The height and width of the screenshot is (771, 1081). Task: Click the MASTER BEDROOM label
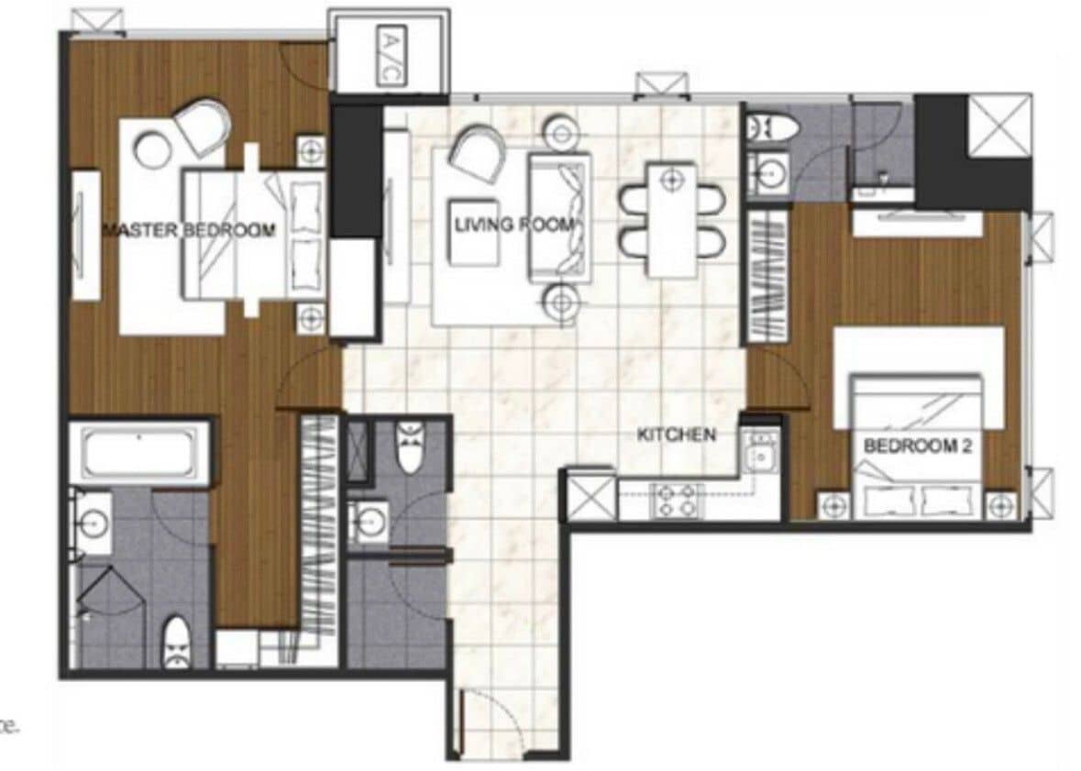pos(188,230)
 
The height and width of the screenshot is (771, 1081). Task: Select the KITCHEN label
pos(676,435)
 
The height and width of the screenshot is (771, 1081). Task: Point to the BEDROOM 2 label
pos(918,448)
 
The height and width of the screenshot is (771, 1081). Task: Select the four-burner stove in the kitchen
pos(677,501)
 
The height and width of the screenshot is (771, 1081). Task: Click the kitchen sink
pos(760,451)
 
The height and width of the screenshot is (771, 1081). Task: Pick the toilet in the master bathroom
pos(176,643)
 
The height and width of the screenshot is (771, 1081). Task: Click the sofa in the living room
pos(558,216)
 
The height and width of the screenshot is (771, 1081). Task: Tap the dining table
pos(672,218)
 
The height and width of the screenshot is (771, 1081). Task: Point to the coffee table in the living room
pos(473,232)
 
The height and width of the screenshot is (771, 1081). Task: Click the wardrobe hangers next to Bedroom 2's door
pos(768,274)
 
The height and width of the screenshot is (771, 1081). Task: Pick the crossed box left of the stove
pos(591,497)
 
